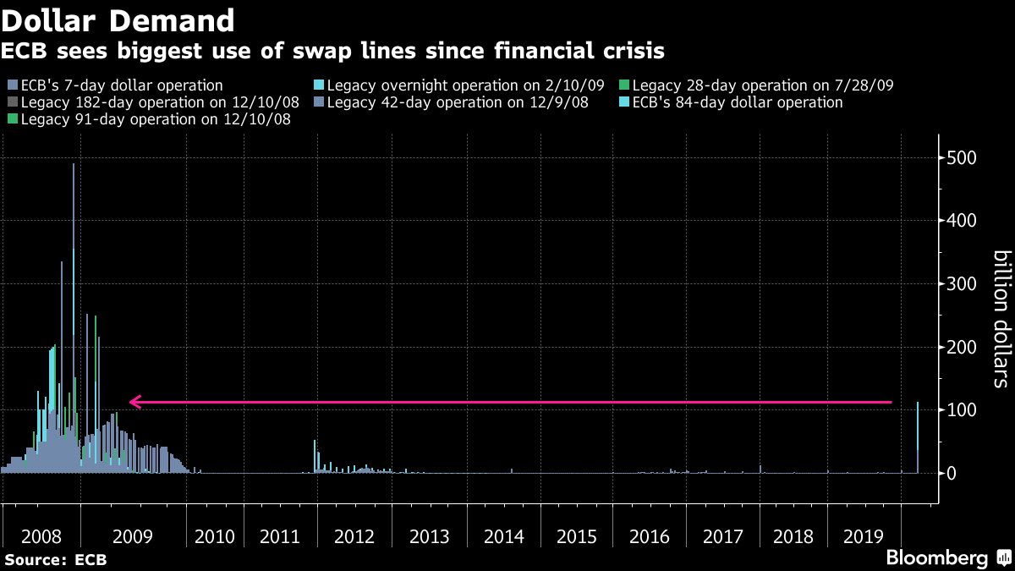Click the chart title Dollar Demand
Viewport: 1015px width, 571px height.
click(x=118, y=19)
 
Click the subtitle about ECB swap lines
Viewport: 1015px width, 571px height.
click(x=332, y=52)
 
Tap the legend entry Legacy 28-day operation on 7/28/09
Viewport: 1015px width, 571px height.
click(x=762, y=85)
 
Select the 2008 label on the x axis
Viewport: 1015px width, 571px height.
click(x=41, y=536)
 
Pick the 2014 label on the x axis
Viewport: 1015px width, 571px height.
click(x=503, y=536)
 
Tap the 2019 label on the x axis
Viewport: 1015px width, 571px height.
click(x=864, y=536)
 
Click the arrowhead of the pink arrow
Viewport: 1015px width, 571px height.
click(x=135, y=403)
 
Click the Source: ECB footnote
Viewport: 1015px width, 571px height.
click(x=53, y=559)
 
